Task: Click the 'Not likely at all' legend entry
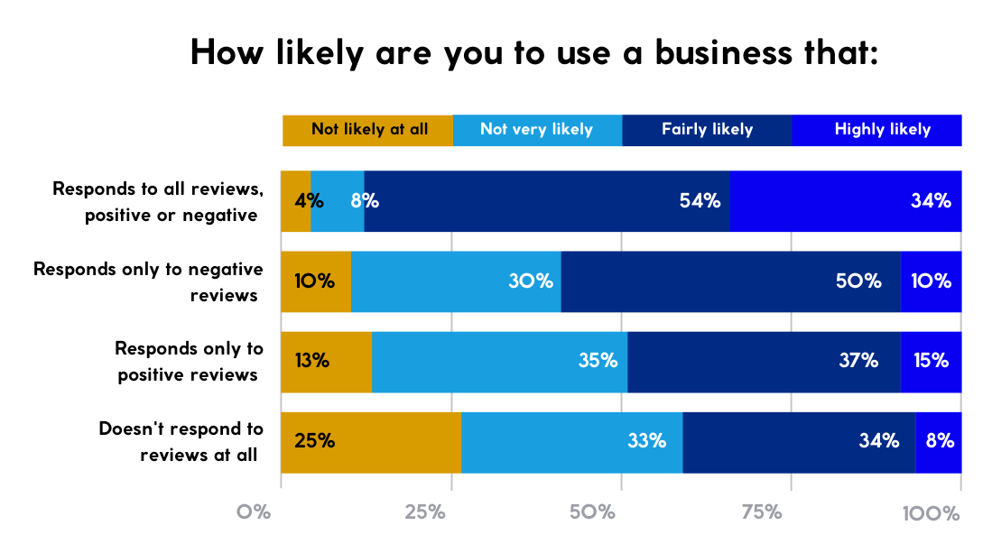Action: (368, 130)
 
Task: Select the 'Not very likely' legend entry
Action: (536, 130)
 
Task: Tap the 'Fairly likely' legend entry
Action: (707, 130)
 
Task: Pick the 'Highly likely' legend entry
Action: (881, 130)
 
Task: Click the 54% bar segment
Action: (546, 201)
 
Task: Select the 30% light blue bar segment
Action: (456, 281)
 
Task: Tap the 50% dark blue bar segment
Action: (730, 281)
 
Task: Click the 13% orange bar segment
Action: (326, 362)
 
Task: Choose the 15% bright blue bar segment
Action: (931, 362)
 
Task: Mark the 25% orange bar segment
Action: (371, 442)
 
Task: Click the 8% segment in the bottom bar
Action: (939, 442)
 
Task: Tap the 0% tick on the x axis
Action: (254, 513)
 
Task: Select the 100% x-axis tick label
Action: (931, 513)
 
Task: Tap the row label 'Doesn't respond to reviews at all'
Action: (181, 442)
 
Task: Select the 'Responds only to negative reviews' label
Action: (148, 281)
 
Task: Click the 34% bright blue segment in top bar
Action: (845, 201)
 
